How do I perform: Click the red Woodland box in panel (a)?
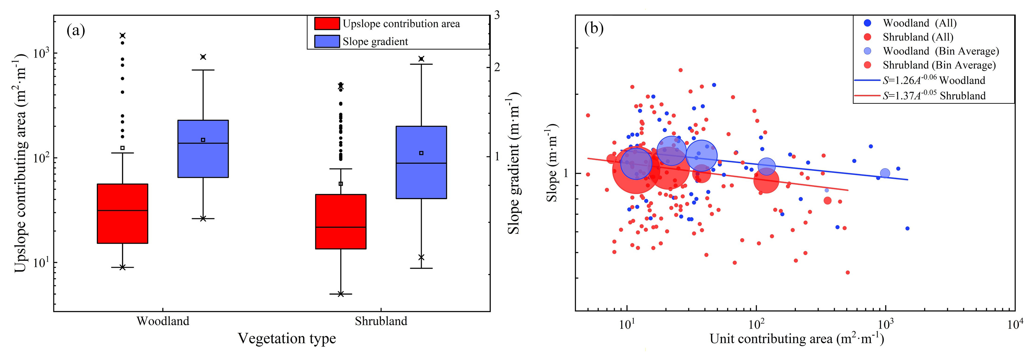[x=123, y=213]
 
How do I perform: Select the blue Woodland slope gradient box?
[x=203, y=149]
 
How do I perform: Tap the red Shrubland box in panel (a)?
[x=341, y=222]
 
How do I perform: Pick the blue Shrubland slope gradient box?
[x=421, y=162]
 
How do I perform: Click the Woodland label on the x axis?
[x=163, y=321]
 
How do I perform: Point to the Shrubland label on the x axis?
[x=381, y=321]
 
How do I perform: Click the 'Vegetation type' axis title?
[x=287, y=339]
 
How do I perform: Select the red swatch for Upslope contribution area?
[x=327, y=24]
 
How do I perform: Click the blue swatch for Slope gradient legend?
[x=327, y=41]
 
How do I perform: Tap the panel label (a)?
[x=76, y=30]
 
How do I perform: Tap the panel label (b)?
[x=594, y=29]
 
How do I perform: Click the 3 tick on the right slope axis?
[x=497, y=15]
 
